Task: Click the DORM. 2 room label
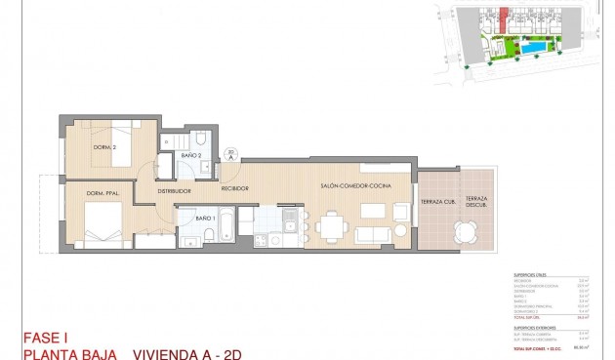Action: (x=105, y=147)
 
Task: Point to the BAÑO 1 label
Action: (x=205, y=219)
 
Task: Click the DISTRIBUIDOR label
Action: (x=174, y=191)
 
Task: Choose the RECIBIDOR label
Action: (x=234, y=187)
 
